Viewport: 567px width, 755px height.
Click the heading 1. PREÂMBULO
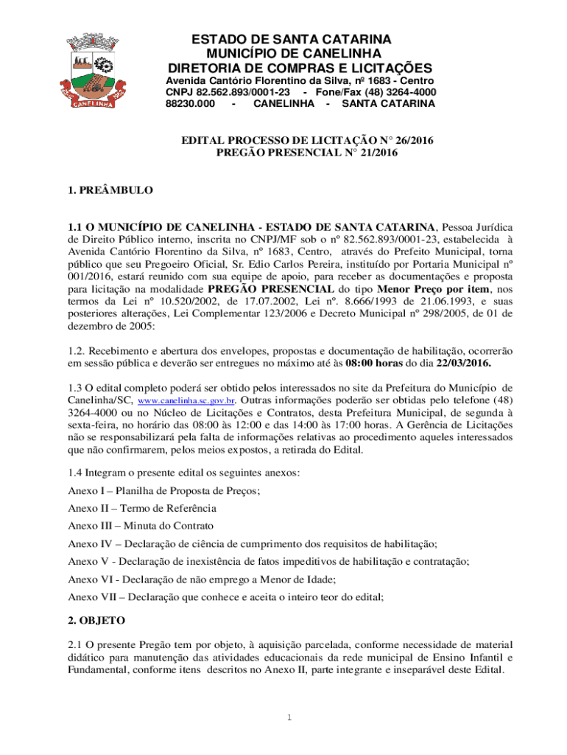click(x=110, y=190)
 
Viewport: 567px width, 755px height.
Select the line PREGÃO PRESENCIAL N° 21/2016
click(x=306, y=153)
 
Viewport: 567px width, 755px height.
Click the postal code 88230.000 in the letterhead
click(x=191, y=104)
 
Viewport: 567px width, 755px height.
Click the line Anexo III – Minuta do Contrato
click(x=141, y=526)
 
